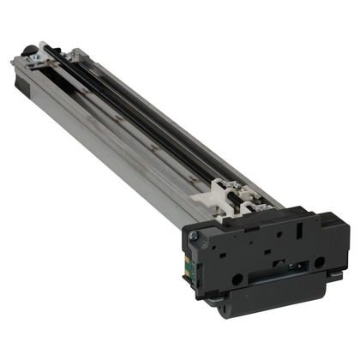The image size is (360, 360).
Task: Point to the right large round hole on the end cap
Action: coord(320,261)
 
